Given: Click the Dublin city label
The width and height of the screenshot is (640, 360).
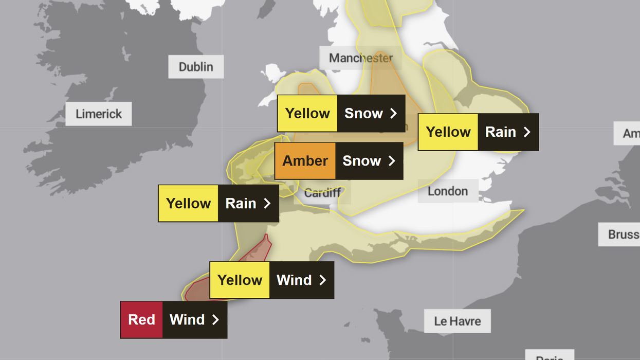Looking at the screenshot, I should (x=196, y=67).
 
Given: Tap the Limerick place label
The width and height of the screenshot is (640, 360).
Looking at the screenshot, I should (x=98, y=114).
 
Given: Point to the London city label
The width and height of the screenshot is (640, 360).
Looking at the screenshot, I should (x=448, y=191).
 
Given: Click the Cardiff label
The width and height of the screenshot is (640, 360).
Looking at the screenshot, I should (x=323, y=193).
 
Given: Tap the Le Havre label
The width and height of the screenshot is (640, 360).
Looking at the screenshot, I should (x=457, y=321).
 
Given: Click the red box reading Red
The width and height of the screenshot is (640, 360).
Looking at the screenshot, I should (x=141, y=320).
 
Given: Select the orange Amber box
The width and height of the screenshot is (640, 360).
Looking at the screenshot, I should (x=305, y=161).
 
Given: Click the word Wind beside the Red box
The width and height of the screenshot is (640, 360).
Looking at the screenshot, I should (x=187, y=320).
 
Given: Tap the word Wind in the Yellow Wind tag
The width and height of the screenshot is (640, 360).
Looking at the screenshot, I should (x=294, y=280).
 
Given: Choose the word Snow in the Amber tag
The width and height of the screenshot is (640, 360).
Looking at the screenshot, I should (x=361, y=161).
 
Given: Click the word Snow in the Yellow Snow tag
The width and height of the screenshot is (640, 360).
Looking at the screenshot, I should (x=363, y=114).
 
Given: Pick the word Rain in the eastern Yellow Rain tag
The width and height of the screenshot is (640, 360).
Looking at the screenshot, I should (x=500, y=132).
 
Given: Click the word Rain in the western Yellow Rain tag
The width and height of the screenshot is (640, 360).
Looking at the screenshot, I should (x=241, y=204).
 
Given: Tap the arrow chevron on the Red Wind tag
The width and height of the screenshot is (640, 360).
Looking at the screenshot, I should (x=215, y=320).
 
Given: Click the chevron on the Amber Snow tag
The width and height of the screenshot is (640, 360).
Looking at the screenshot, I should (x=392, y=161).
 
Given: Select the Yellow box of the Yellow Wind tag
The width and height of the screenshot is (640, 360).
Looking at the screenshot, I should (x=240, y=280).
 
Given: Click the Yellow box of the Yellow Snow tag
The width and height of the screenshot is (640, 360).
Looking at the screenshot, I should (x=307, y=114).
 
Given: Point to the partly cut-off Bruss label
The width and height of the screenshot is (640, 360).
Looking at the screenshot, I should (x=623, y=235).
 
